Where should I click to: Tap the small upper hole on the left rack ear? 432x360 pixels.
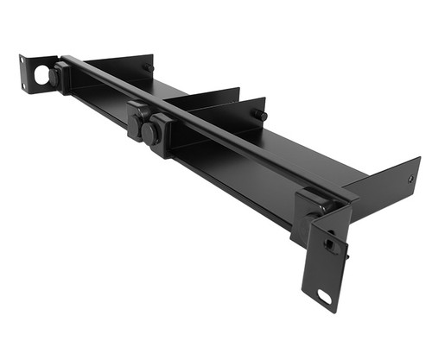point(25,62)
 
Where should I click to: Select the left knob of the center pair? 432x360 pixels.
point(135,116)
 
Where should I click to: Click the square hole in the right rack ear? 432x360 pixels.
point(328,243)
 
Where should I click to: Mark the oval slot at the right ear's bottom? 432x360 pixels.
point(325,298)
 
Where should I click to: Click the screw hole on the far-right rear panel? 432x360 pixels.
point(410,180)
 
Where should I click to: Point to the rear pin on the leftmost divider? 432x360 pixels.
point(149,67)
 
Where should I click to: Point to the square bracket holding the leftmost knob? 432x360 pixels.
point(66,78)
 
